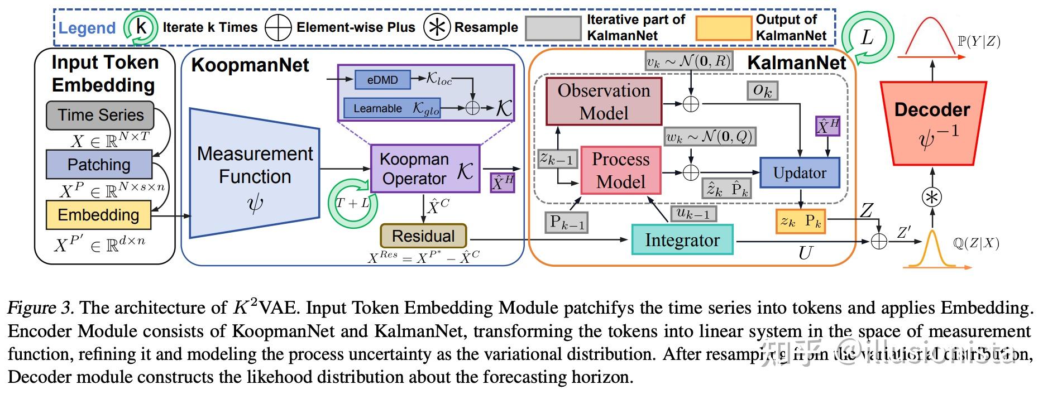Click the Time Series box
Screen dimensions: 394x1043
(99, 115)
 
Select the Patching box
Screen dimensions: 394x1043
(99, 164)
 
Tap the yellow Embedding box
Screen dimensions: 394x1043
(98, 215)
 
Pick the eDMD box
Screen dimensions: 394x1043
(382, 80)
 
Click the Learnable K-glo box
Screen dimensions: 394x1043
(391, 108)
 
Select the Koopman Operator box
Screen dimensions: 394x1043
(425, 169)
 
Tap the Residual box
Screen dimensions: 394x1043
(423, 236)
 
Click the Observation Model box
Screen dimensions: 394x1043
(604, 102)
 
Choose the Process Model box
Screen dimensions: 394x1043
(620, 170)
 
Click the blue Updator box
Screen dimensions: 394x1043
(799, 172)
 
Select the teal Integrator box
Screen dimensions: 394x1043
(682, 240)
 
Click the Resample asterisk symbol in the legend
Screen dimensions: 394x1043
(437, 27)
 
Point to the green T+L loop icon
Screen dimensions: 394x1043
(353, 203)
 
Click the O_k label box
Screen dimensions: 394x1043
(762, 90)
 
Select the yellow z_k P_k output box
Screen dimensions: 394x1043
(800, 222)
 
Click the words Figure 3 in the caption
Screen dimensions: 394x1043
(40, 308)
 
